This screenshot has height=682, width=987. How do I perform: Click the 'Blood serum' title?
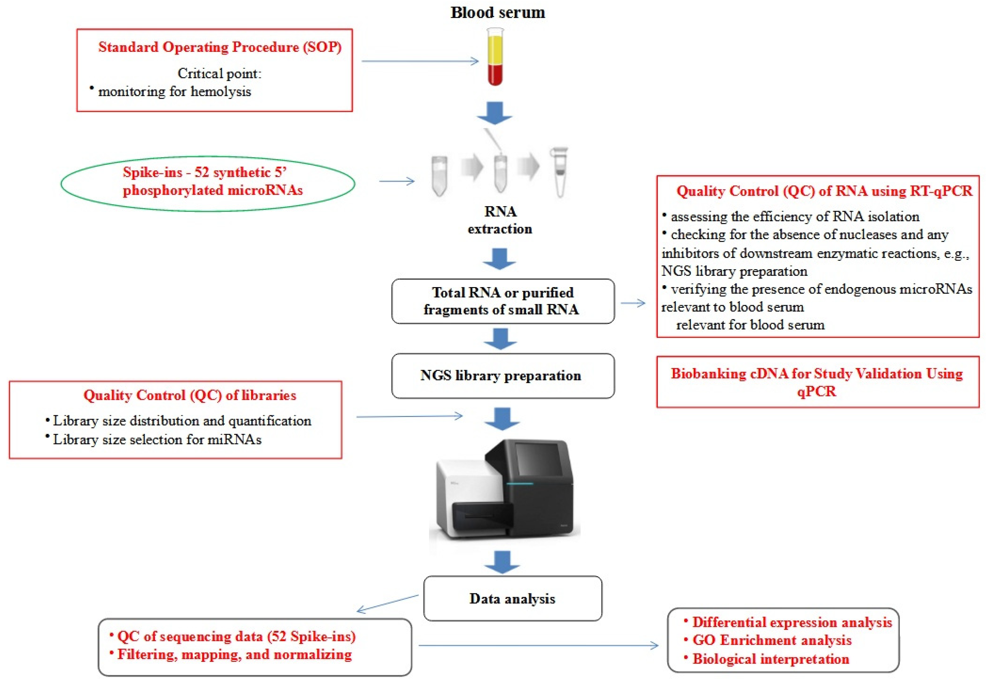498,12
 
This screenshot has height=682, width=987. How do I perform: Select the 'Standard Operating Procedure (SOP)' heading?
220,47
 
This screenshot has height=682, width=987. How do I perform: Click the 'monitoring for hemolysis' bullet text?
175,91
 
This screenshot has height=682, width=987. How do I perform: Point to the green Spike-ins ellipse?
208,183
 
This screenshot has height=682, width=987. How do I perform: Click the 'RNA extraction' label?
500,220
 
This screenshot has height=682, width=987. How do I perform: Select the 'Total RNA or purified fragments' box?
503,301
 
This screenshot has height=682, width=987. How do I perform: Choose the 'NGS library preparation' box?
503,376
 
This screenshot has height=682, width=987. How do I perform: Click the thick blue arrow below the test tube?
495,113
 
